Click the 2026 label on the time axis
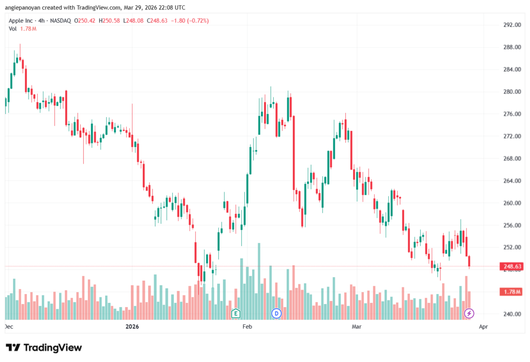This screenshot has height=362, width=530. tap(133, 327)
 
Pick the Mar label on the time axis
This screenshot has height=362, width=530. tap(356, 327)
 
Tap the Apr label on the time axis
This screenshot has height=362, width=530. tap(483, 327)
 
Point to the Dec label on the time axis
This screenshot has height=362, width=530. tap(9, 327)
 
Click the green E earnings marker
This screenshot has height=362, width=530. tap(236, 313)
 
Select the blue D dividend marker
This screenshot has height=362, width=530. tap(276, 313)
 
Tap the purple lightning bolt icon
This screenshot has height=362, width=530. tap(469, 313)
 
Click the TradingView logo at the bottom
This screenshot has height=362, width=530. tap(43, 347)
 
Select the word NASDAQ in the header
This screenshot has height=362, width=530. tap(60, 21)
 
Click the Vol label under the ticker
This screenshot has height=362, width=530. tap(13, 28)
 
